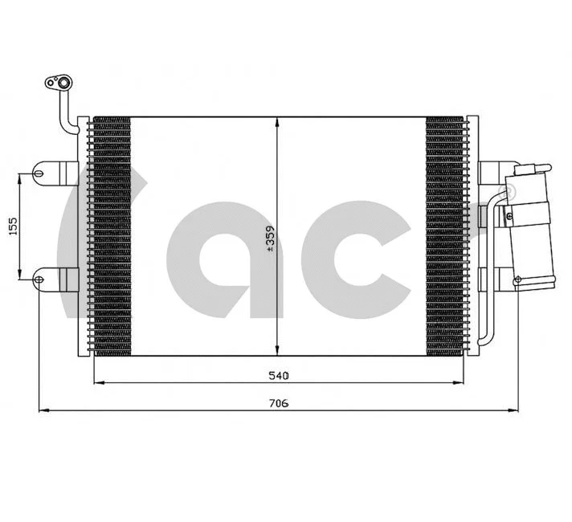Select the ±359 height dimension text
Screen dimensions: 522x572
tap(271, 237)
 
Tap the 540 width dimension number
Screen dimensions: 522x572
tap(278, 374)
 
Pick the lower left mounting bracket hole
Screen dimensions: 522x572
tap(39, 279)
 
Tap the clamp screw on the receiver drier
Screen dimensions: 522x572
tap(508, 215)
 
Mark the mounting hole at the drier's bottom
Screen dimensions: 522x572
tap(517, 280)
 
